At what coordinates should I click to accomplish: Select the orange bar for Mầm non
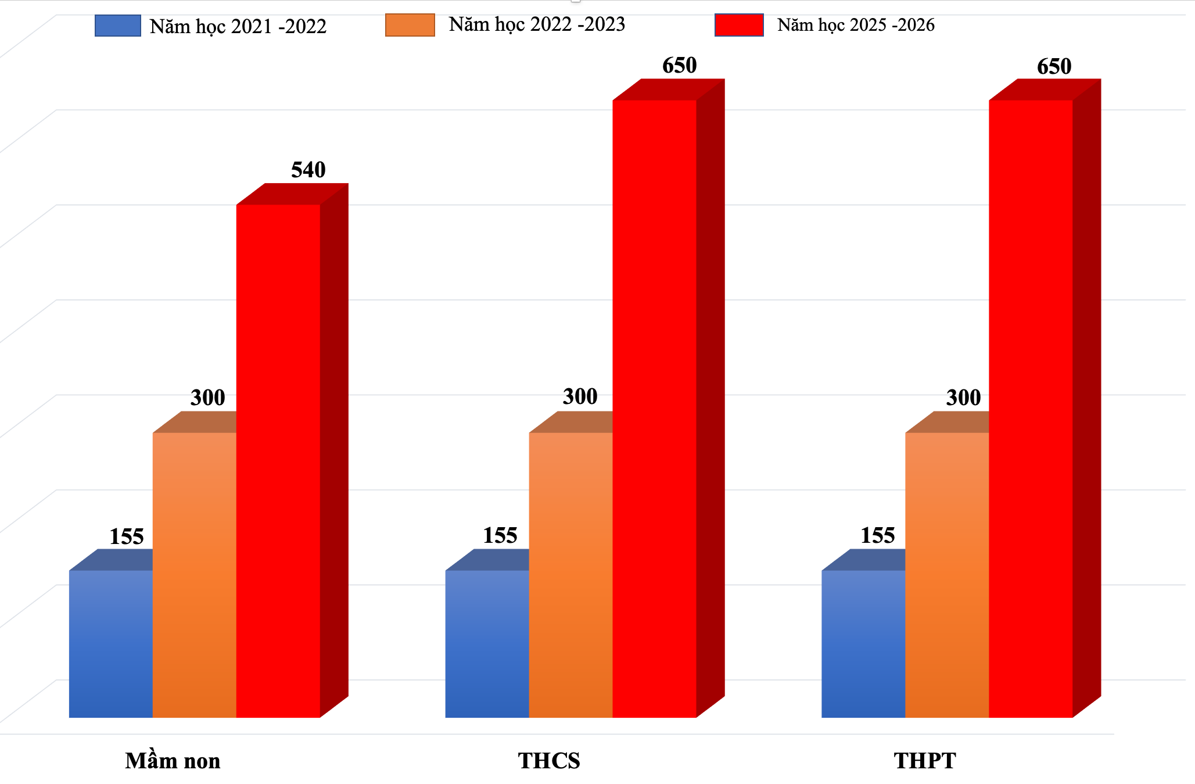[194, 575]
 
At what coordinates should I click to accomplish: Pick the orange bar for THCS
[570, 575]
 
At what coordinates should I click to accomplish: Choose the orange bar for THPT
[947, 575]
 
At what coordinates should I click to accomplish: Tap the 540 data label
[308, 170]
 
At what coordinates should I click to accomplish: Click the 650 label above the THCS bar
[679, 65]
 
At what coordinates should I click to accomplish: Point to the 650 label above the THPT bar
[1054, 66]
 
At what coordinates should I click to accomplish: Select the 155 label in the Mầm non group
[127, 536]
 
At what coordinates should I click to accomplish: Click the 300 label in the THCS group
[580, 396]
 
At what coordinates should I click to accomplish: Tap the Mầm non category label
[173, 761]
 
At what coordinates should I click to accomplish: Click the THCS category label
[549, 761]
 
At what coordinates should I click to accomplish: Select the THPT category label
[925, 761]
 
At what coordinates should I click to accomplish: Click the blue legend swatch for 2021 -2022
[118, 26]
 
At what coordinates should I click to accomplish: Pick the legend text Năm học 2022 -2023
[537, 24]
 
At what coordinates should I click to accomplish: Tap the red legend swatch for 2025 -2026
[739, 25]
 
